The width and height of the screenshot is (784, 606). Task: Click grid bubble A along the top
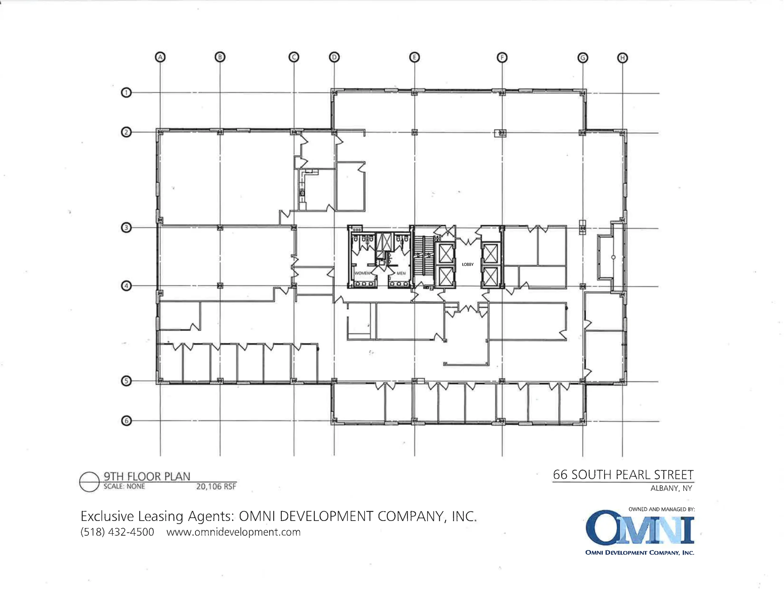[x=160, y=57]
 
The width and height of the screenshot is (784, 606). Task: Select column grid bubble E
[x=415, y=58]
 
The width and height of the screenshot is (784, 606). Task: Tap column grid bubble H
[x=623, y=58]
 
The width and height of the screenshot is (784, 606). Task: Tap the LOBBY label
[x=468, y=264]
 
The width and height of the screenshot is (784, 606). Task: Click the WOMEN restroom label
[x=362, y=273]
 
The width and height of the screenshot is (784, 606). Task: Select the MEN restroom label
[x=401, y=273]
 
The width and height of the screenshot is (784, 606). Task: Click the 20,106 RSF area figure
[x=216, y=487]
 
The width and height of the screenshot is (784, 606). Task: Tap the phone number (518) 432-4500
[x=117, y=532]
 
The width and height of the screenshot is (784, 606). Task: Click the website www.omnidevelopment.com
[x=234, y=532]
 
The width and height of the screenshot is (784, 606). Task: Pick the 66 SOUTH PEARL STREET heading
[x=623, y=475]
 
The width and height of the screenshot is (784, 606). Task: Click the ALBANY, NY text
[x=671, y=488]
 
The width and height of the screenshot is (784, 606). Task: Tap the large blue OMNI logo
[x=640, y=528]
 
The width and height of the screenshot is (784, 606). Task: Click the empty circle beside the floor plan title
[x=89, y=482]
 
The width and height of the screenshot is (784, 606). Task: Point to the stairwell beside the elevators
[x=424, y=257]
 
